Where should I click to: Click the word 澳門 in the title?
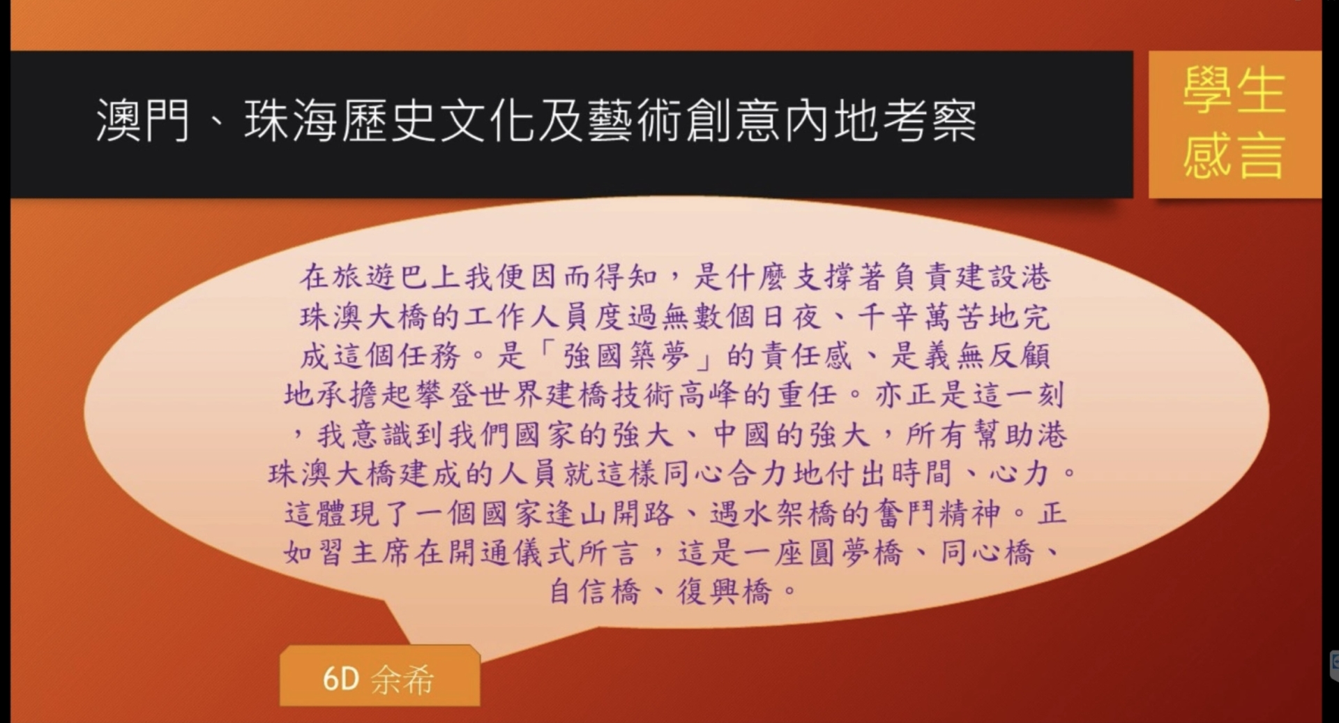pos(143,120)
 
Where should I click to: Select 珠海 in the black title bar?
pos(292,120)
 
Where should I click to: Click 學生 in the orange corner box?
pos(1234,91)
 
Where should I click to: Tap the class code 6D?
pos(340,679)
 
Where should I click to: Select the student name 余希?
pos(402,680)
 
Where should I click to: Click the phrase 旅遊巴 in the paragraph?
pos(380,277)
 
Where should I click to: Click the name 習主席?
pos(364,553)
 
